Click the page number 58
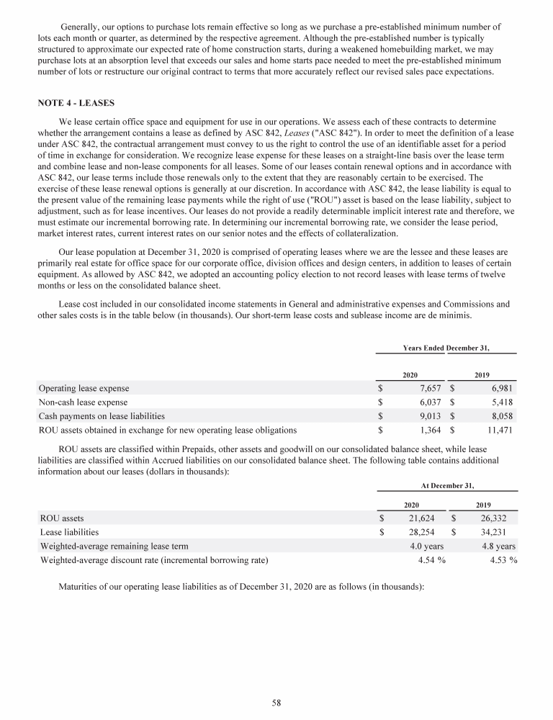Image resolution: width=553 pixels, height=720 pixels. (276, 703)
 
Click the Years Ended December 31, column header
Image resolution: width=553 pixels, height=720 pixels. (446, 348)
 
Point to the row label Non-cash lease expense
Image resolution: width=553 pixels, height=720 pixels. (84, 402)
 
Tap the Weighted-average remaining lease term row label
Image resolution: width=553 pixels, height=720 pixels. (114, 546)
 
